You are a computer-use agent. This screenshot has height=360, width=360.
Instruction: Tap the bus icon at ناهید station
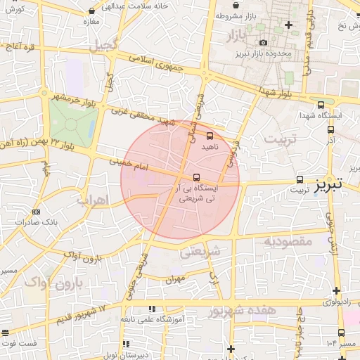(210, 136)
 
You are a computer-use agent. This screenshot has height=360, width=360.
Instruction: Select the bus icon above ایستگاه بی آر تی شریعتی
(196, 177)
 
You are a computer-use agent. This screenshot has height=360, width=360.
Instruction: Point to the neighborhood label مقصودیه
(288, 241)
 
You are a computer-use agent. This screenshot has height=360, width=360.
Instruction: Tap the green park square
(72, 124)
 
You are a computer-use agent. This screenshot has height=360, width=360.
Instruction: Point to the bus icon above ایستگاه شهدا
(321, 103)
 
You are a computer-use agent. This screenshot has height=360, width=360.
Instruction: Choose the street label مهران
(175, 279)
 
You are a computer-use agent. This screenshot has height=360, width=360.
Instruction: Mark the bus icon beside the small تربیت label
(300, 179)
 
